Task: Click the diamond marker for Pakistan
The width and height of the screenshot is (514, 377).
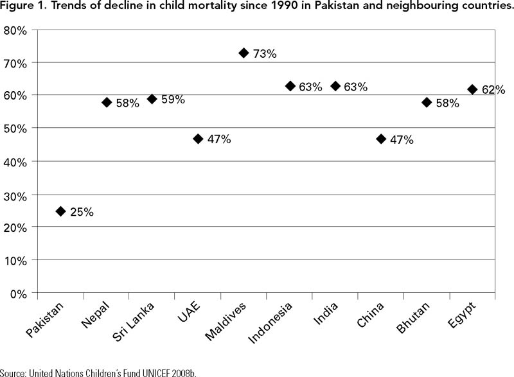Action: (x=61, y=211)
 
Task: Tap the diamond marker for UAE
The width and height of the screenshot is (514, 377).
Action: (x=198, y=139)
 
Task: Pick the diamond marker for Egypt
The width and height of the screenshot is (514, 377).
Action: (x=472, y=89)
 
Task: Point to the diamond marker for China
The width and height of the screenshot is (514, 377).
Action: (x=381, y=139)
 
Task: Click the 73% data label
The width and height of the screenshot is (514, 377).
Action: (x=265, y=54)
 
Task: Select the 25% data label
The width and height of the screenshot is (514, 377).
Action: (x=82, y=213)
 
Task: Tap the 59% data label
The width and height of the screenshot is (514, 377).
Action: (x=173, y=100)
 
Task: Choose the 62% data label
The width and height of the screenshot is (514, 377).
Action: (x=493, y=91)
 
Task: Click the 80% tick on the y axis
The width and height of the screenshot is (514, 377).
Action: (x=15, y=30)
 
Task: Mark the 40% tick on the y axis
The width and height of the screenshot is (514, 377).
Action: (x=15, y=162)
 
